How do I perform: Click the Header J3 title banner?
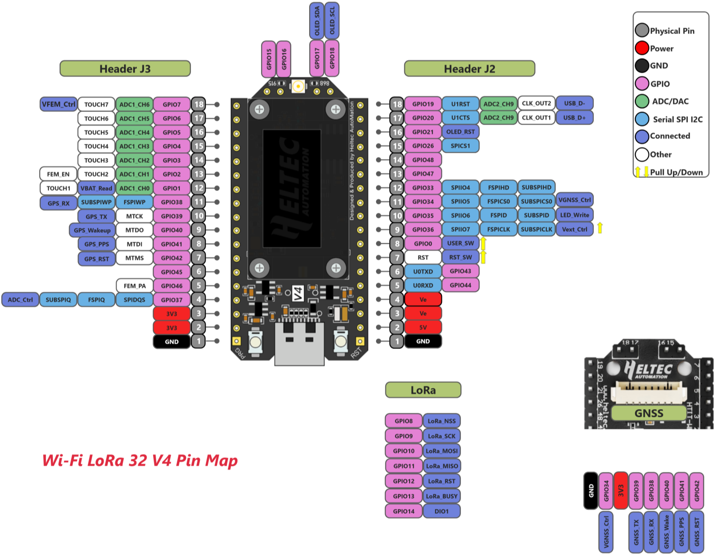[125, 68]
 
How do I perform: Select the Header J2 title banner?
[469, 68]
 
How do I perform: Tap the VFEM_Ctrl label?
[59, 104]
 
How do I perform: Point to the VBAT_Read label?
[96, 188]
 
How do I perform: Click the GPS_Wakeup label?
[93, 230]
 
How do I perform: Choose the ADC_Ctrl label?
[20, 300]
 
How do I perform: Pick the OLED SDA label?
[317, 20]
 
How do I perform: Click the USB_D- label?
[574, 103]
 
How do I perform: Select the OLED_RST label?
[460, 132]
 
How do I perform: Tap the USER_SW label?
[460, 243]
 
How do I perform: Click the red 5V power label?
[423, 327]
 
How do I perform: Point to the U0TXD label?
[423, 271]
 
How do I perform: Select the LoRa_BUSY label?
[442, 496]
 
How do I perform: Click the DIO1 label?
[442, 511]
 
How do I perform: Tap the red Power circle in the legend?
[642, 48]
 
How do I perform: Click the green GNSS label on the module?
[648, 413]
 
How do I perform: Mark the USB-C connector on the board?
[299, 342]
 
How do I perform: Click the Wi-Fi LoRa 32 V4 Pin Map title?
[140, 460]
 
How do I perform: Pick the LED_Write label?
[575, 215]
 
